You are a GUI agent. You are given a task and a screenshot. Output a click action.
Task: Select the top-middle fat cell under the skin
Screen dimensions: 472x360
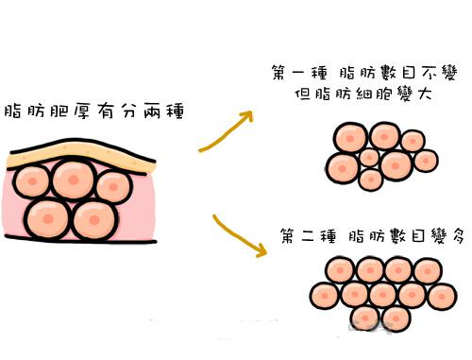click(x=75, y=180)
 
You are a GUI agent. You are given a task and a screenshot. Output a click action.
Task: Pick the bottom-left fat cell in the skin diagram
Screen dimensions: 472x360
click(x=47, y=218)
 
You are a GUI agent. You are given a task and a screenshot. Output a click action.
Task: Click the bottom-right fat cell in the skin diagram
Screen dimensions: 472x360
click(x=94, y=219)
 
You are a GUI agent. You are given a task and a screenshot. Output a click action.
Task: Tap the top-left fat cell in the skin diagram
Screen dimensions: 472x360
click(x=32, y=181)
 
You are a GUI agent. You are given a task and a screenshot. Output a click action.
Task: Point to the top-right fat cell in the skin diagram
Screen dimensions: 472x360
click(x=113, y=187)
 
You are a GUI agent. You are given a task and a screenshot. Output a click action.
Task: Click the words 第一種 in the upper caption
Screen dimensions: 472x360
click(x=299, y=73)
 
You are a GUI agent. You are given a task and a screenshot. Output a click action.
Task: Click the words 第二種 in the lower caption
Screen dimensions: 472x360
click(x=309, y=236)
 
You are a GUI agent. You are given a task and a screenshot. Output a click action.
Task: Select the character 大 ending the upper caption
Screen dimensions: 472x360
click(x=424, y=93)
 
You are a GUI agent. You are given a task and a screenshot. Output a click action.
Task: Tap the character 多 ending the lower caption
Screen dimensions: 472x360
click(x=457, y=235)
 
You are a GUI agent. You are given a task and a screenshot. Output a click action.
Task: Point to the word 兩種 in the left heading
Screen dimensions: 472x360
click(x=163, y=111)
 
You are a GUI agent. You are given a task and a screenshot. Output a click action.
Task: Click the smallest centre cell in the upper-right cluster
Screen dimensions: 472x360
click(x=369, y=157)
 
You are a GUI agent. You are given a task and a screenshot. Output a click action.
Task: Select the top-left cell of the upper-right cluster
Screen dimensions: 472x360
click(x=350, y=138)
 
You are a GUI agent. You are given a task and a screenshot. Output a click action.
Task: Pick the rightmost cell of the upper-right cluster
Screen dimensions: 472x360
click(x=426, y=161)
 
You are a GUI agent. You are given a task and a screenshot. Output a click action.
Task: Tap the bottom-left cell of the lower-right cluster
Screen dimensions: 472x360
click(x=365, y=318)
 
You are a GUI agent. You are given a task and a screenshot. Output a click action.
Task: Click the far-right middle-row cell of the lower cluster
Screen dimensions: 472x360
click(x=442, y=296)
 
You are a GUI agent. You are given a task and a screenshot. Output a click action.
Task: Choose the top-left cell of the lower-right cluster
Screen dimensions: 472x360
click(x=340, y=270)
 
